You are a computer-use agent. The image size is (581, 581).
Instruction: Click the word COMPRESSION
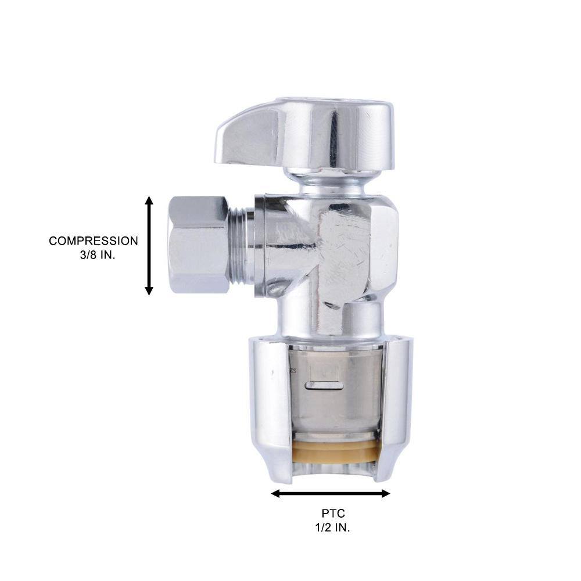tap(94, 241)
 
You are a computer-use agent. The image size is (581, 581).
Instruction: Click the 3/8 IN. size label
tap(98, 255)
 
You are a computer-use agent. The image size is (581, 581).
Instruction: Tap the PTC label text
tap(333, 514)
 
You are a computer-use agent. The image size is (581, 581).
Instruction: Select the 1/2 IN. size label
tap(332, 528)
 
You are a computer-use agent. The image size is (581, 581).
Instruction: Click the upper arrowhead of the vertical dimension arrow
tap(149, 201)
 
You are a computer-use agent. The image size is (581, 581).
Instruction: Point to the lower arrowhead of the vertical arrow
tap(149, 290)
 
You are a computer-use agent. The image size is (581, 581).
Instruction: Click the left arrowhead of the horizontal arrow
tap(275, 493)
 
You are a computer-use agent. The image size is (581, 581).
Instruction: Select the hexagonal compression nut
tap(198, 245)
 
